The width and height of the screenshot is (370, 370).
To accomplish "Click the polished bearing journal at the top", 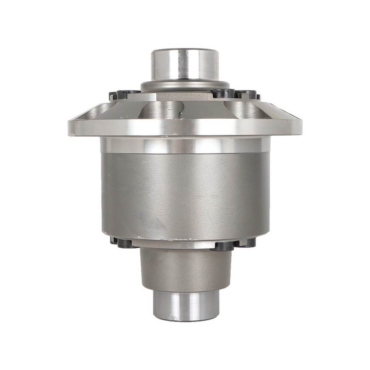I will point(185,64).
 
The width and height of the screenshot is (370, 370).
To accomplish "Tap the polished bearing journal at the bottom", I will point(186,305).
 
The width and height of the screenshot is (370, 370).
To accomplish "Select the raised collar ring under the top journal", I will point(185,86).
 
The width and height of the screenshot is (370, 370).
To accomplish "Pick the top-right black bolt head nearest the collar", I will point(222,93).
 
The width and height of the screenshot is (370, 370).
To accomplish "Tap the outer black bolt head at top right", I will point(247,94).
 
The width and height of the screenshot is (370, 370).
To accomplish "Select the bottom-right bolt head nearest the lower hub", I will point(222,246).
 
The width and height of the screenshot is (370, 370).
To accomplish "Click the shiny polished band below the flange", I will point(185,145).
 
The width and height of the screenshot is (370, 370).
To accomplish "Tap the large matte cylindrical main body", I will point(185,193).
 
